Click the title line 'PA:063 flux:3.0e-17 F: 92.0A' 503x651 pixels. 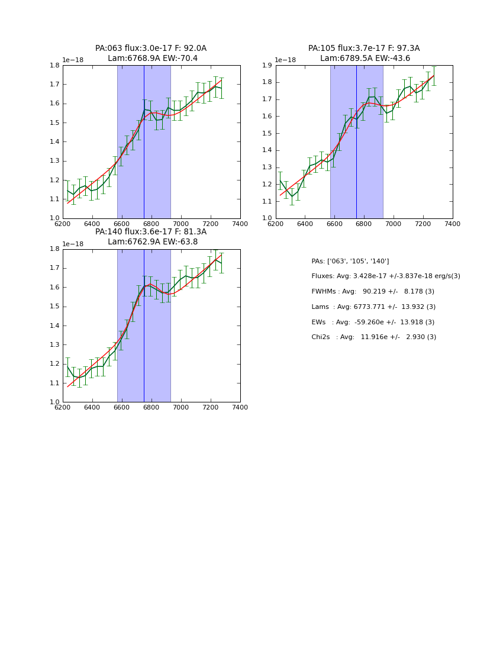(x=151, y=49)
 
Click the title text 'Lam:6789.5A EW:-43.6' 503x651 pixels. (x=365, y=59)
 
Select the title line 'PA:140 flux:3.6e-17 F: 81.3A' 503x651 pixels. (x=151, y=232)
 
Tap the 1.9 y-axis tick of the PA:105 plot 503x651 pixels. (x=266, y=65)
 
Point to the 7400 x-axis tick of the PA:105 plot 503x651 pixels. (x=452, y=223)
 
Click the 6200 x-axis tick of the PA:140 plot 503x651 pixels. (x=63, y=407)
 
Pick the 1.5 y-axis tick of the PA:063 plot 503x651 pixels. (x=54, y=123)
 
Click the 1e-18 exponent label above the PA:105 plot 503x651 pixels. (x=285, y=60)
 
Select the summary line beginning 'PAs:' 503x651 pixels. (x=350, y=261)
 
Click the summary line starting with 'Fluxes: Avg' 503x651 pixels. (x=385, y=276)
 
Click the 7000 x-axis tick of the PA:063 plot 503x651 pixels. (x=181, y=223)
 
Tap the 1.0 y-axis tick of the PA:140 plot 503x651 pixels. (x=54, y=402)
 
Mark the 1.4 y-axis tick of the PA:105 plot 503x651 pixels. (x=266, y=150)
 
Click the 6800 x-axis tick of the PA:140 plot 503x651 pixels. (x=151, y=407)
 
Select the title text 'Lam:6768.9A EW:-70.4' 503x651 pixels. (x=153, y=59)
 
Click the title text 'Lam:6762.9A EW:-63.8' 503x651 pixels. (x=153, y=242)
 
